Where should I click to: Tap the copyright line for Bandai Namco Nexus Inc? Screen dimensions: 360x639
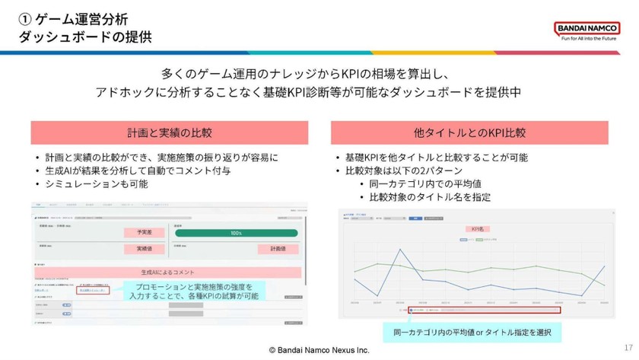point(319,350)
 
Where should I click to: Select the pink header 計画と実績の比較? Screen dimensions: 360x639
point(169,132)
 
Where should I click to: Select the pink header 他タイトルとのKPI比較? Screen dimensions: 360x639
point(469,132)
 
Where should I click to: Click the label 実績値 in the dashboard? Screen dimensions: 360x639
point(145,249)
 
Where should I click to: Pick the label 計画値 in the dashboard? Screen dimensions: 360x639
point(278,249)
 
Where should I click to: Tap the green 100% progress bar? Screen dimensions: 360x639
point(236,233)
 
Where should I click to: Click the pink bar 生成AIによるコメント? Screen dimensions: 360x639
point(169,272)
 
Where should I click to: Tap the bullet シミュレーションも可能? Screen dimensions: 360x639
point(96,183)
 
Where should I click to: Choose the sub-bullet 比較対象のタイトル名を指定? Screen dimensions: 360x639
point(430,196)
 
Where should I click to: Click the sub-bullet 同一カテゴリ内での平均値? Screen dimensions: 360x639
point(425,183)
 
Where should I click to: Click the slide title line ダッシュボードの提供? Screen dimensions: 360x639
point(84,35)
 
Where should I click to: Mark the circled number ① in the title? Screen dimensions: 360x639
point(25,18)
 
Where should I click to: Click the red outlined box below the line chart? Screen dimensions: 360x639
point(484,310)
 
